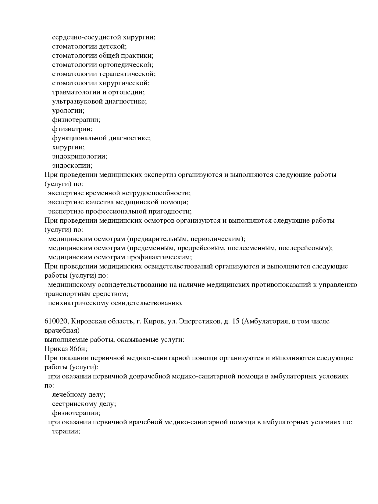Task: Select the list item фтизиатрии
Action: point(72,129)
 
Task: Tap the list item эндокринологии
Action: point(80,156)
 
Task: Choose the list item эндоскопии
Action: point(72,166)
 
